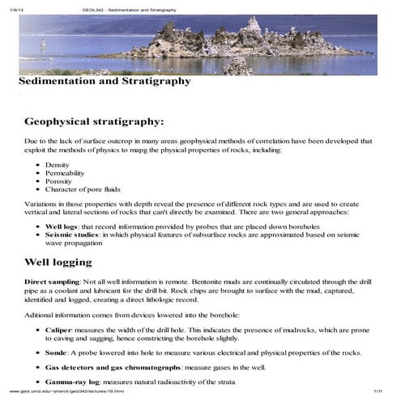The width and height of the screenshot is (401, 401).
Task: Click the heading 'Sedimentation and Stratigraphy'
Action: pos(105,81)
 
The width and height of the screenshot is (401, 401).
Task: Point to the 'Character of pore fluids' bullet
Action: pos(76,191)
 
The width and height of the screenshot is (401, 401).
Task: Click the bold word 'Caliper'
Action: pos(58,330)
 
